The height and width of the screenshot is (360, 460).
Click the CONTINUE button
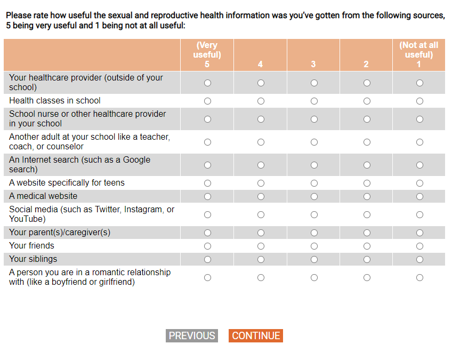[x=256, y=335]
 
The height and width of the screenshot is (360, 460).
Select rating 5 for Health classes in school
[x=207, y=101]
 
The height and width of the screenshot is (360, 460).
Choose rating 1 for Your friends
[x=419, y=246]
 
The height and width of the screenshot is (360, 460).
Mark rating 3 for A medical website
[x=314, y=196]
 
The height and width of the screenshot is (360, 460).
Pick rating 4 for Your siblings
[x=261, y=259]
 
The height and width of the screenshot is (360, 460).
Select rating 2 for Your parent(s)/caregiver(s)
[x=367, y=233]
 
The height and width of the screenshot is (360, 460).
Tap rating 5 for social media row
[x=207, y=214]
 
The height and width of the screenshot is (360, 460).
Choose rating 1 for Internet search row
[x=419, y=165]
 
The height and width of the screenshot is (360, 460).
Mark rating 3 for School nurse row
[x=314, y=119]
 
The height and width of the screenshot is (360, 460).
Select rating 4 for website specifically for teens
[x=261, y=183]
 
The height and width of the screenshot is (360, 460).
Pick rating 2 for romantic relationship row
[x=367, y=277]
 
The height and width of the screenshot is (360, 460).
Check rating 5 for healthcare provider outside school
[x=207, y=83]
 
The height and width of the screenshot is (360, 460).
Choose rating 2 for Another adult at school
[x=367, y=142]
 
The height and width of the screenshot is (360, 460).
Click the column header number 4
[x=260, y=65]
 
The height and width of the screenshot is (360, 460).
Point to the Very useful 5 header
[x=207, y=55]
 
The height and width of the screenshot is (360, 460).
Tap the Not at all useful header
[x=418, y=55]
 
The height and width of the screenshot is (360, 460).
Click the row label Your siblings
[x=33, y=259]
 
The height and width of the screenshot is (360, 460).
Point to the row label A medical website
[x=43, y=196]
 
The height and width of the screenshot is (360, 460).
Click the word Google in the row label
[x=136, y=160]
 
